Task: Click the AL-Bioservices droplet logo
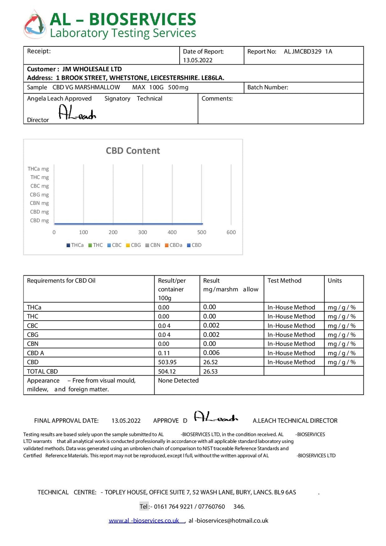35,24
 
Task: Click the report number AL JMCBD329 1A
308,52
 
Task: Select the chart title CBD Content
133,151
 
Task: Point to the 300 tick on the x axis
142,232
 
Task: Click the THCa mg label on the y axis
38,169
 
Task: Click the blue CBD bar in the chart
128,224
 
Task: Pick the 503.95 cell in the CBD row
167,362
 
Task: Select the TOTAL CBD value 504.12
167,371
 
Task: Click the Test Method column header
284,281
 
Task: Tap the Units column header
335,281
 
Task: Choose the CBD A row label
36,353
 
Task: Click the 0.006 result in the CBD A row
211,353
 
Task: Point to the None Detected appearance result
178,381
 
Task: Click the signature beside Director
77,113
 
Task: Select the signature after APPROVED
216,417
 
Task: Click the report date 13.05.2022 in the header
198,60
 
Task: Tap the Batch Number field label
268,87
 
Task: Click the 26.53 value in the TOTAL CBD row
210,371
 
